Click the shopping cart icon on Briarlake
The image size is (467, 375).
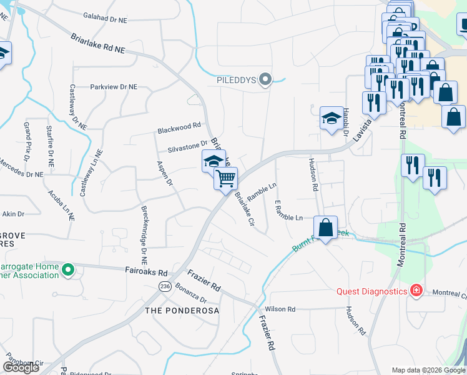pyautogui.click(x=225, y=178)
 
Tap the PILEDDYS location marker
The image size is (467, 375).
pyautogui.click(x=265, y=79)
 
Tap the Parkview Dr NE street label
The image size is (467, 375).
pyautogui.click(x=114, y=87)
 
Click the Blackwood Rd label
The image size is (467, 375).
pyautogui.click(x=179, y=127)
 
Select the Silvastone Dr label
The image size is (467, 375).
pyautogui.click(x=187, y=146)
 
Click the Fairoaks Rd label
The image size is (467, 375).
pyautogui.click(x=145, y=272)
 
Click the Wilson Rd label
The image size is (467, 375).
pyautogui.click(x=280, y=309)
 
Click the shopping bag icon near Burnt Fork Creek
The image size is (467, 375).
pyautogui.click(x=325, y=227)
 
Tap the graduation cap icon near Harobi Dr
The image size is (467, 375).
pyautogui.click(x=332, y=117)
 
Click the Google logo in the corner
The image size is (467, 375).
pyautogui.click(x=21, y=367)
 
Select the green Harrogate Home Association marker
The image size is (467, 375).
pyautogui.click(x=69, y=271)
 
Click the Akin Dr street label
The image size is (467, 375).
pyautogui.click(x=13, y=214)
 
